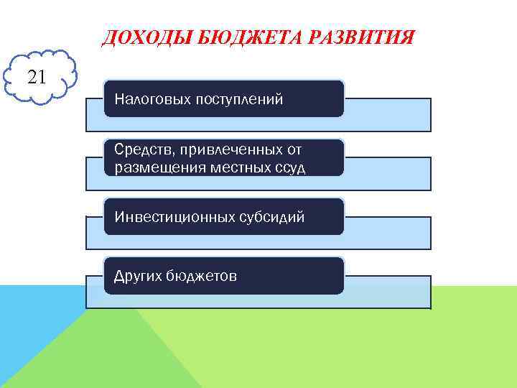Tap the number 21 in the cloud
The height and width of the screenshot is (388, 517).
pos(37,75)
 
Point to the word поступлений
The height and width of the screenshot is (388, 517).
pos(239,98)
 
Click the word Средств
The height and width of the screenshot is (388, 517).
pos(141,151)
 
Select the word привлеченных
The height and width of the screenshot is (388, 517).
pos(230,151)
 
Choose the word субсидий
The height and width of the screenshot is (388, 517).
pos(271,216)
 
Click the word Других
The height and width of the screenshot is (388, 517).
pos(137,276)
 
